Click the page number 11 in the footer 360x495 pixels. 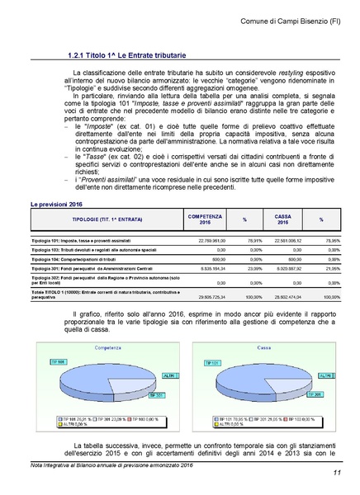(x=338, y=472)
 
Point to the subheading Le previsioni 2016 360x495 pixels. (x=57, y=202)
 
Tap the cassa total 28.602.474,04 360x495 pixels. (x=284, y=295)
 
